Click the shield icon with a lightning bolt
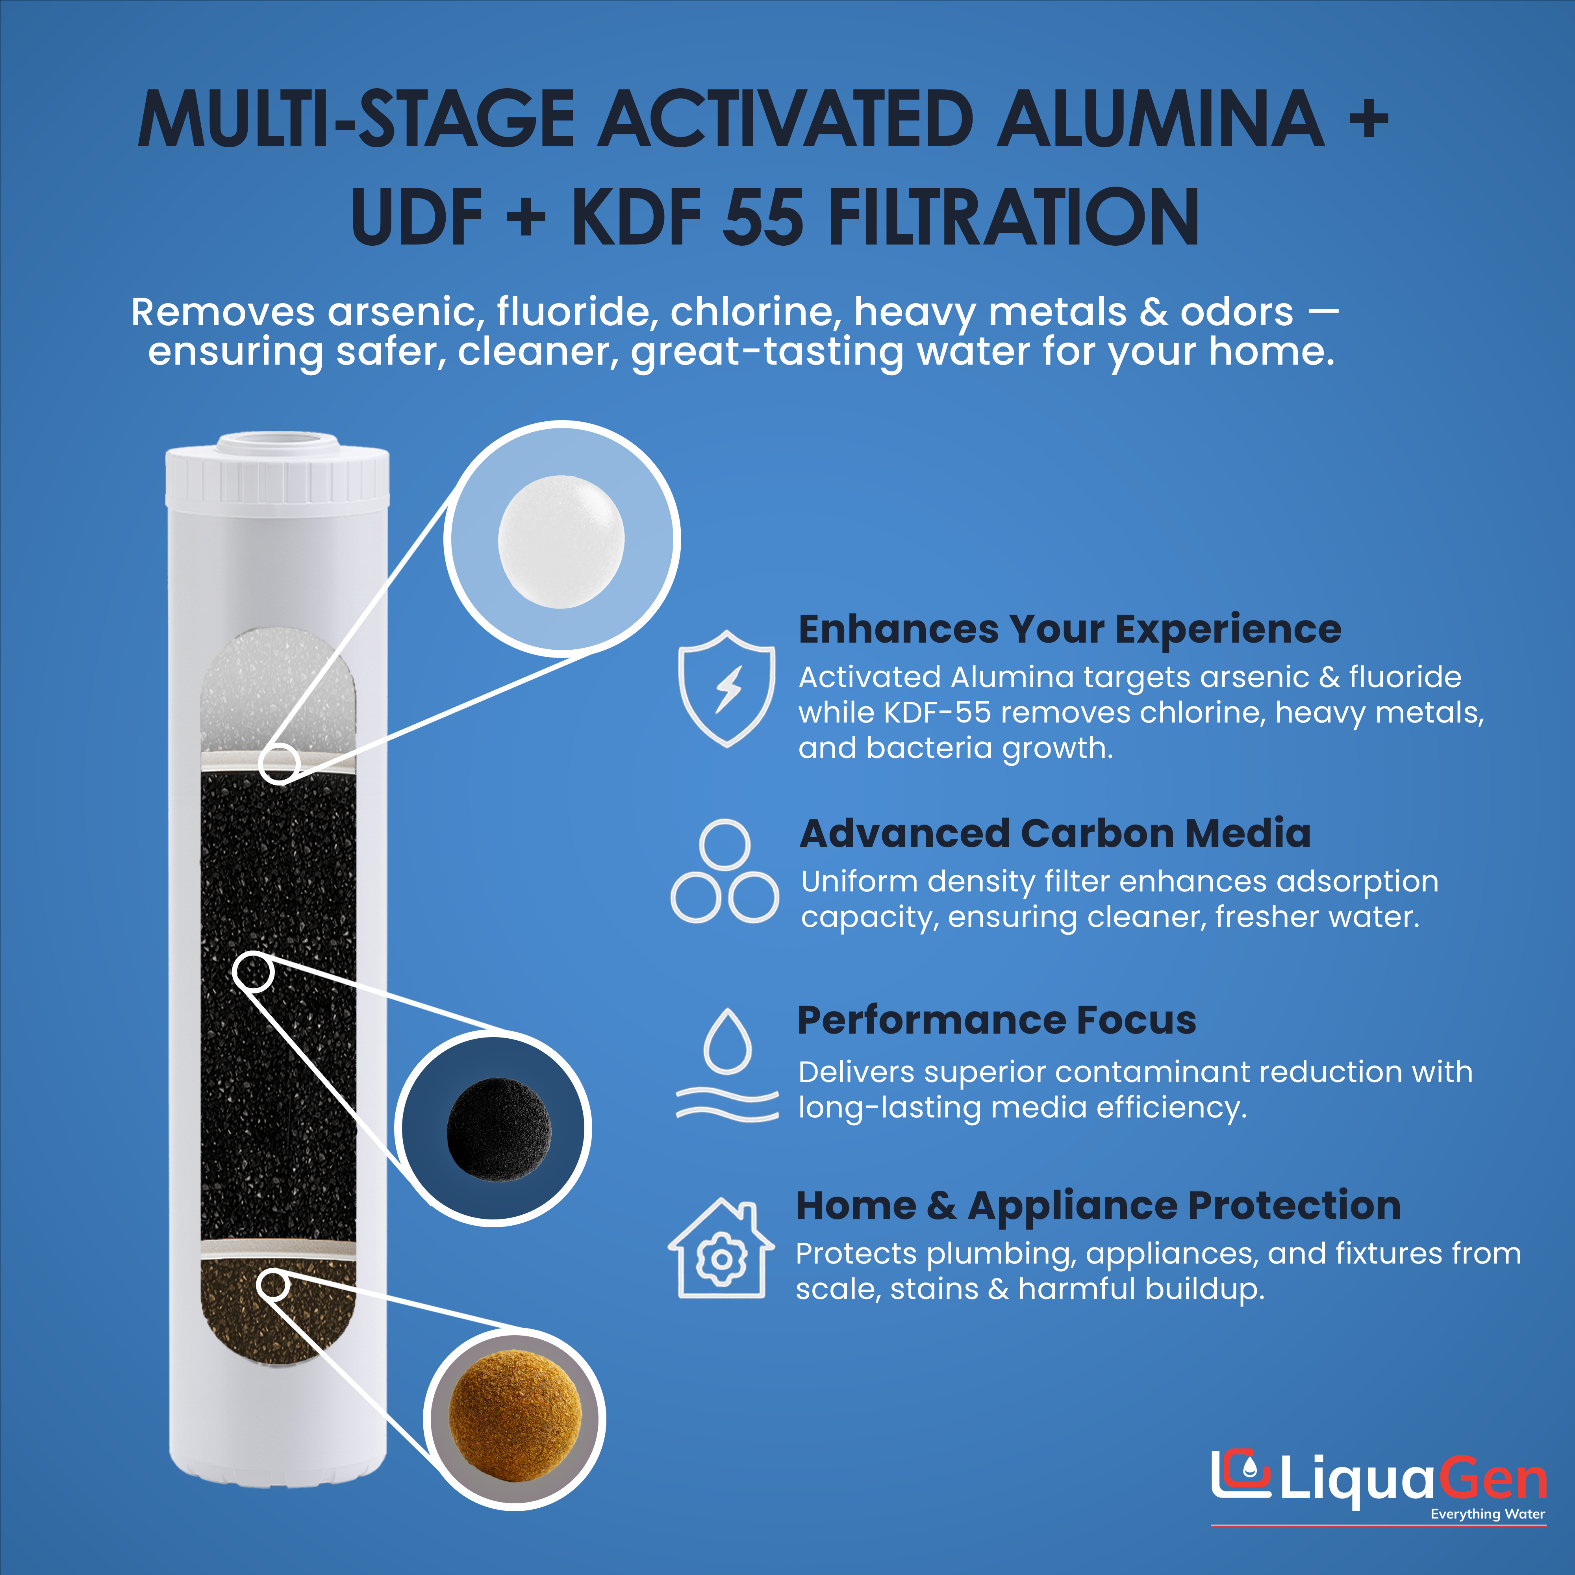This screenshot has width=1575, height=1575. coord(726,689)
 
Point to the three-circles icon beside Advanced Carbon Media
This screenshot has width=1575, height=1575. coord(725,872)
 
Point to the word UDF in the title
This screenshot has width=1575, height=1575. coord(417,217)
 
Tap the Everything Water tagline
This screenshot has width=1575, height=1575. coord(1488,1514)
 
